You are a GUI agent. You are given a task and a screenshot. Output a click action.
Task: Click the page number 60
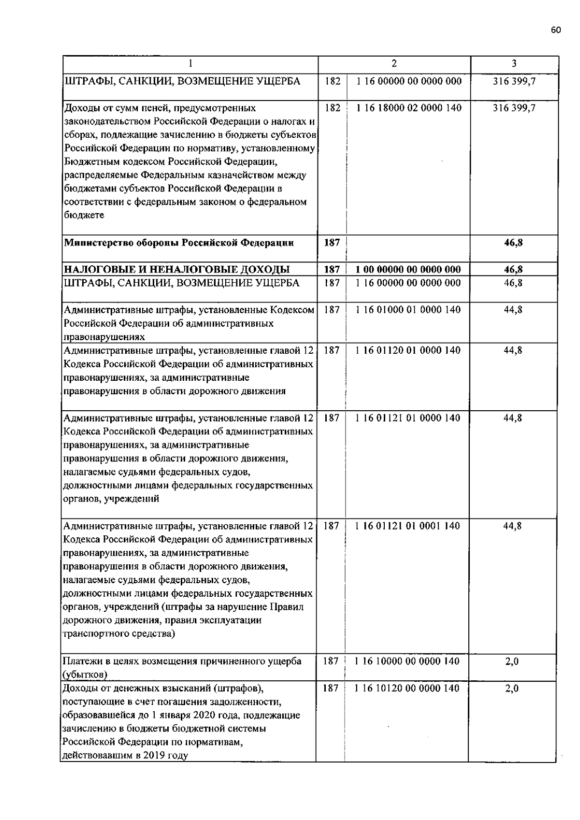pyautogui.click(x=555, y=30)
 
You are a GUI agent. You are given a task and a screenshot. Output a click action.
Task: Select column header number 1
pyautogui.click(x=190, y=63)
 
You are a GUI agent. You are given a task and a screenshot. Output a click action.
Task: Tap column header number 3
pyautogui.click(x=514, y=63)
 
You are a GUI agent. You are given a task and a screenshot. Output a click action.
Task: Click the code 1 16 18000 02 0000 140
pyautogui.click(x=409, y=108)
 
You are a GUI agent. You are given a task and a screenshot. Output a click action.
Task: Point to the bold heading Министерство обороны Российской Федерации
pyautogui.click(x=179, y=243)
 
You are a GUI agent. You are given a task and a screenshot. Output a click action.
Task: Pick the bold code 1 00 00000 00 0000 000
pyautogui.click(x=408, y=270)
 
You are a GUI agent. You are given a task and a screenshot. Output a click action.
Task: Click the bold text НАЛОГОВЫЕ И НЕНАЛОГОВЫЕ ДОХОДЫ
pyautogui.click(x=177, y=270)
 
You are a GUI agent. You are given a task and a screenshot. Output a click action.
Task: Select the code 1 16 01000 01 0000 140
pyautogui.click(x=408, y=310)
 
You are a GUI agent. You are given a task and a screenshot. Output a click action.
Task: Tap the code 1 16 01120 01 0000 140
pyautogui.click(x=408, y=350)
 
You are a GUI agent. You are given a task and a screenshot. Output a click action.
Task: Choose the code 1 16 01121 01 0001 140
pyautogui.click(x=408, y=526)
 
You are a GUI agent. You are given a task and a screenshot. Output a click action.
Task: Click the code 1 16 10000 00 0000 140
pyautogui.click(x=407, y=661)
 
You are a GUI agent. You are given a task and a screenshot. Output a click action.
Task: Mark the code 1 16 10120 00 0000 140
pyautogui.click(x=407, y=688)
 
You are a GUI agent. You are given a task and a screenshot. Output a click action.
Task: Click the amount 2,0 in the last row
pyautogui.click(x=512, y=688)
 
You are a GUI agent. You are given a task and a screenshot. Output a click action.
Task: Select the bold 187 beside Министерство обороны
pyautogui.click(x=332, y=243)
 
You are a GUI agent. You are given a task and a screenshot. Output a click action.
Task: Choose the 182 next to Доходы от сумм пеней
pyautogui.click(x=333, y=108)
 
